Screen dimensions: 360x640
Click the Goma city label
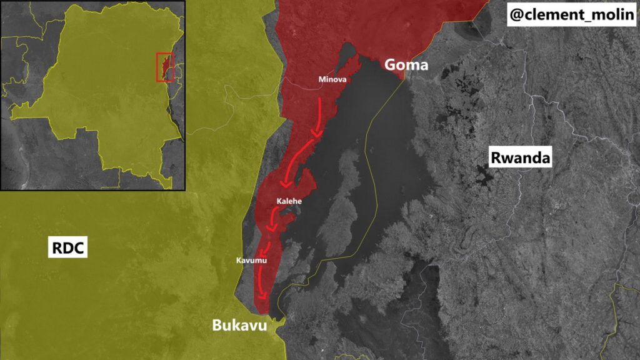point(406,64)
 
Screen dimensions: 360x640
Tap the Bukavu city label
point(239,326)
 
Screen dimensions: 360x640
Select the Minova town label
point(332,80)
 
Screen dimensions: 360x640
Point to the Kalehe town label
point(289,201)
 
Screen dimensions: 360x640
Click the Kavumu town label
point(251,260)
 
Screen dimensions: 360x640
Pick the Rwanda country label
point(520,158)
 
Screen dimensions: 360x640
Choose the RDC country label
point(67,249)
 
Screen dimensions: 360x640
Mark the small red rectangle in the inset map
point(164,67)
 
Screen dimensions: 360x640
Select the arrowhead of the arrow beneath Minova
point(317,132)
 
